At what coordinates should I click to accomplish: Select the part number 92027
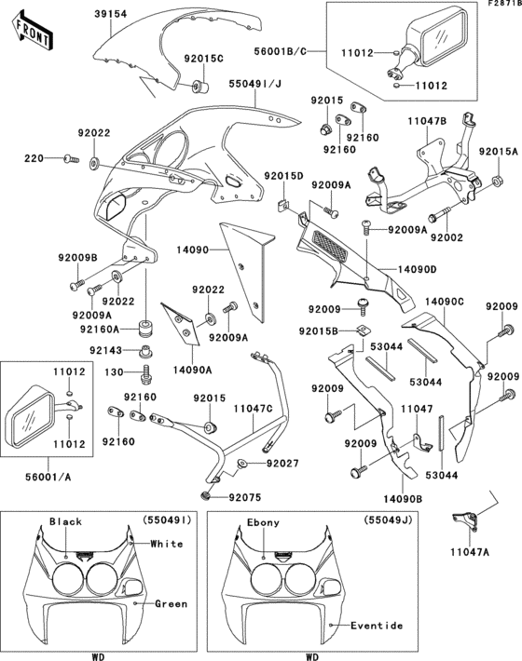point(282,463)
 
